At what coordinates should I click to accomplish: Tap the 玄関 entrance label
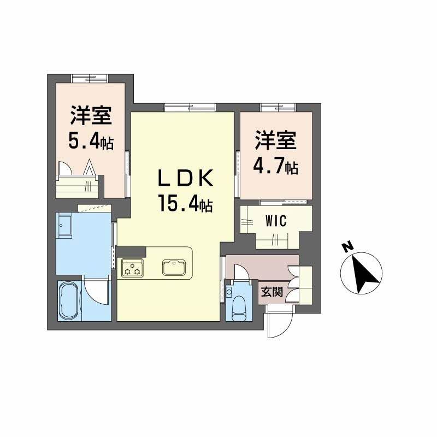click(271, 292)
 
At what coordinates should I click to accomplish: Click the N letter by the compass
click(347, 247)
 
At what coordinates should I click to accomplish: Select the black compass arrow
click(364, 273)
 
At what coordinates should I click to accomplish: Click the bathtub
click(69, 300)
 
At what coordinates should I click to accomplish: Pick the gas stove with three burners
click(132, 267)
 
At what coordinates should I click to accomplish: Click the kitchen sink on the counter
click(174, 267)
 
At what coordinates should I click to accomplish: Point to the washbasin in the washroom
click(64, 226)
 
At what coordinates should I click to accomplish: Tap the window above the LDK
click(189, 107)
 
